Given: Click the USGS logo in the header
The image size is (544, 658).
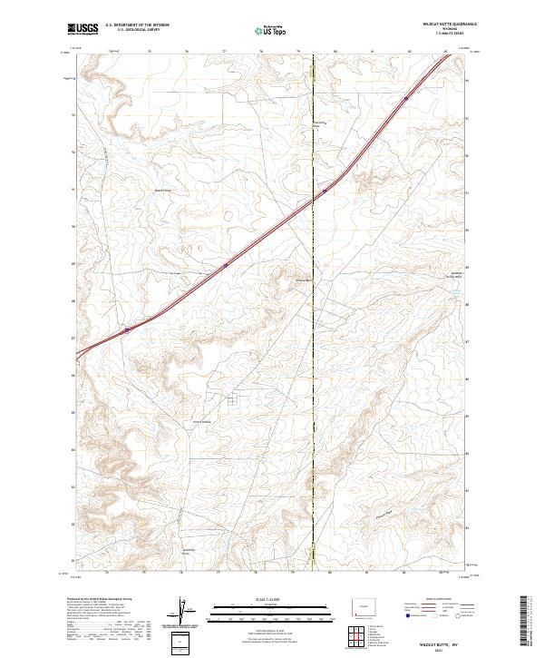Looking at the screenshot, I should tap(82, 29).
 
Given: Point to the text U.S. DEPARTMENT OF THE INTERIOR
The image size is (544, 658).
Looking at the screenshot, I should tap(137, 25).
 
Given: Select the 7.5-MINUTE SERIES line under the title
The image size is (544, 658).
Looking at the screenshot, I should tap(449, 34).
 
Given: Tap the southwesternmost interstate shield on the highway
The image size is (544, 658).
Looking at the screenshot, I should tap(127, 329).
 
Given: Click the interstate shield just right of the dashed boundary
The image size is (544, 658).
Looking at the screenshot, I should tap(324, 192).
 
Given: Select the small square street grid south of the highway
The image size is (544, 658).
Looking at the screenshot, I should tap(233, 398).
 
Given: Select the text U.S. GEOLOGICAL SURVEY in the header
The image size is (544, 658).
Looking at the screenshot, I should tap(137, 30).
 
